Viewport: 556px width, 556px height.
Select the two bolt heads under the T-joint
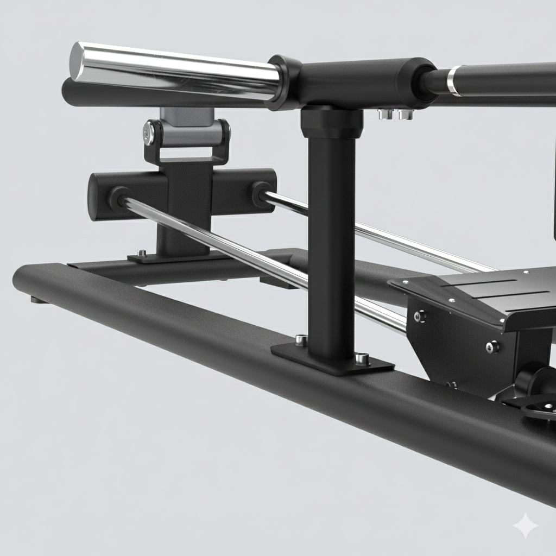tap(395, 114)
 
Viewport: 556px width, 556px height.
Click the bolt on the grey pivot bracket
tap(149, 132)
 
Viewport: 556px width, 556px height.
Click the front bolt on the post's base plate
tap(362, 358)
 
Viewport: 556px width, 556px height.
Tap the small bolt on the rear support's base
tap(142, 252)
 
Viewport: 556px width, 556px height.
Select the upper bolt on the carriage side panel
tap(420, 316)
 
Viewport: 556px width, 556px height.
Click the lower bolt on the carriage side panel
tap(492, 346)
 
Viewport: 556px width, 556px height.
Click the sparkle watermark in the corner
tap(526, 526)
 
